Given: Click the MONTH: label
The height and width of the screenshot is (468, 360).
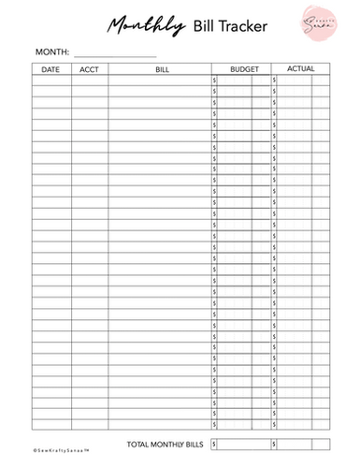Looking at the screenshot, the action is pos(51,52).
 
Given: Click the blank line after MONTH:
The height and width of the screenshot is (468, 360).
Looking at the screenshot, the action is pos(114,54).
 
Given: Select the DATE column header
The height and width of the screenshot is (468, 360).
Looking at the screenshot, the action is pos(50,69).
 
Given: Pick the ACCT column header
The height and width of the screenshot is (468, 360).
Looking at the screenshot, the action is pos(89,69).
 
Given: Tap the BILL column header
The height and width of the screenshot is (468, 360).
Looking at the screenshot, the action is pos(162,69).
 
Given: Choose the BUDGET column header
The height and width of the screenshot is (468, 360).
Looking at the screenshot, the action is pos(241,69).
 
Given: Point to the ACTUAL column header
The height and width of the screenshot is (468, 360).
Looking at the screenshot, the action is pos(300,69).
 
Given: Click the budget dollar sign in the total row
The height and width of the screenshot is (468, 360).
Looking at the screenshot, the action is pos(214,443).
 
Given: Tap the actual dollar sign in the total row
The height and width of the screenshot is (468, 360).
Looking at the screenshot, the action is pos(274,443).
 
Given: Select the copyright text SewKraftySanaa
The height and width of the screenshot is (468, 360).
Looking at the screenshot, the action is pos(60,449).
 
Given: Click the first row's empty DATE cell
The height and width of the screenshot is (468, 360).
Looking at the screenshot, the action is pos(50,80).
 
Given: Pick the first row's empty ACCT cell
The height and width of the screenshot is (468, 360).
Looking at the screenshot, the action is pos(89,80).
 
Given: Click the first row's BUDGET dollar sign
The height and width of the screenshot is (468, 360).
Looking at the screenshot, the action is pos(214,80).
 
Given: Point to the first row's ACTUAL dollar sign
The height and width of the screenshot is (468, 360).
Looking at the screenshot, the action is pos(274,80).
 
